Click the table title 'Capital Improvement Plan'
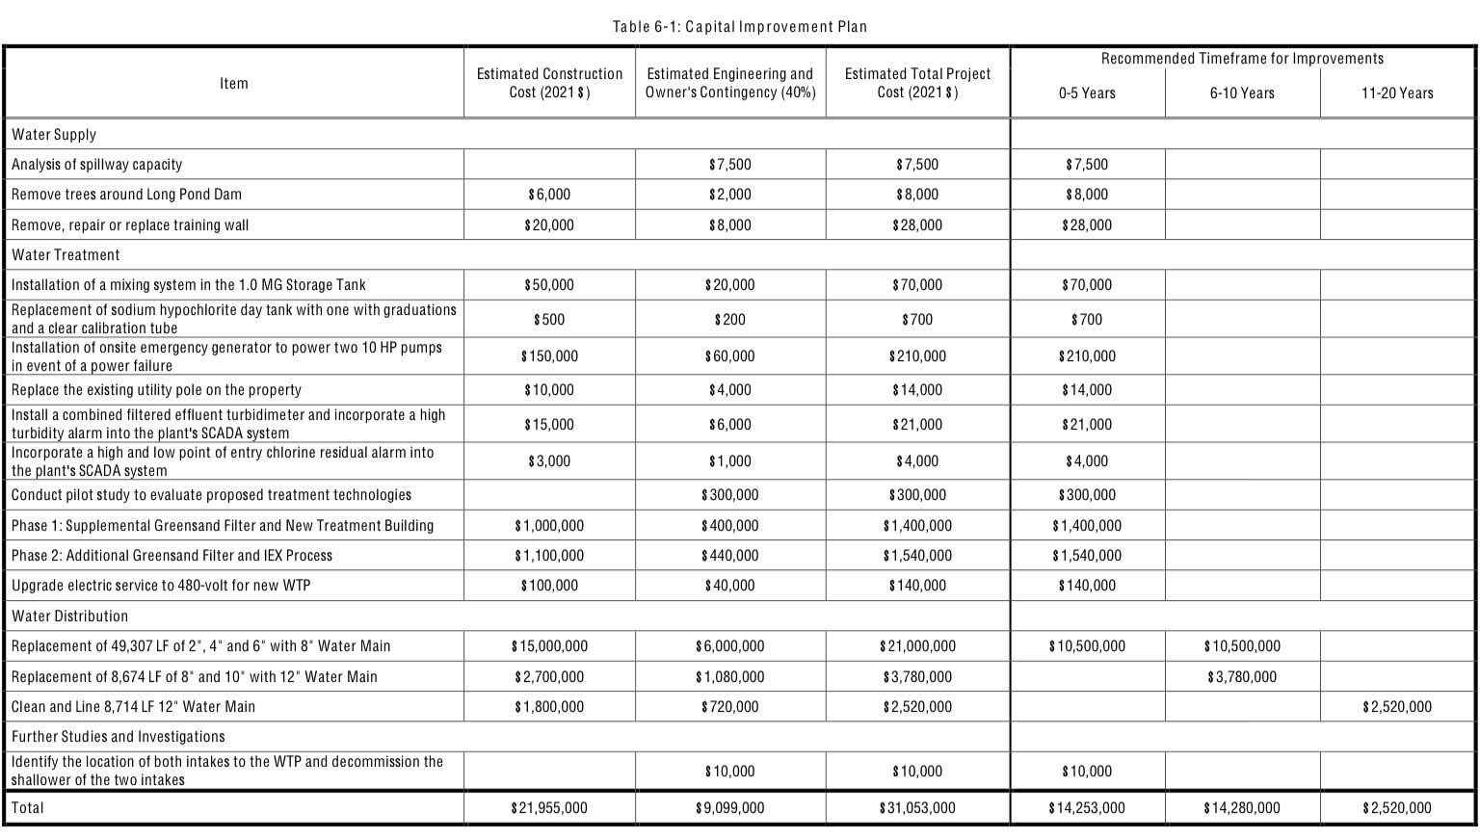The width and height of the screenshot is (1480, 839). coord(740,27)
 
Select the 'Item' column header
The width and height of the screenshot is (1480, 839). coord(234,84)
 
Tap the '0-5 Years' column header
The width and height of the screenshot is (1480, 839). coord(1087,93)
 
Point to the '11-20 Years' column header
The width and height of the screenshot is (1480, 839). coord(1397,93)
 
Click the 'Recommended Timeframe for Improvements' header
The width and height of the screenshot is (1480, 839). coord(1242,59)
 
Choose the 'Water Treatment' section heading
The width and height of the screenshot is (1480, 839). coord(66,255)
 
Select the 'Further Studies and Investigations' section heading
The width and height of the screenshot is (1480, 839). coord(118,737)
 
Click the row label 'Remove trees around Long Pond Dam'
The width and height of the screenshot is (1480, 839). coord(126,195)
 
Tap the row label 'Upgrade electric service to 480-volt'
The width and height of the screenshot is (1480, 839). coord(161,586)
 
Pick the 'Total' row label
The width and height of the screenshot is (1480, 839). coord(27,808)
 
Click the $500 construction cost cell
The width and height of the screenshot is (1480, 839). coord(549,320)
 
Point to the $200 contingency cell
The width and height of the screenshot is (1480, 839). coord(729,320)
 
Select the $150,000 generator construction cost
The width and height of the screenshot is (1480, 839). coord(549,356)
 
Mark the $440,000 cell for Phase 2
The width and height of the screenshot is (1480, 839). coord(729,556)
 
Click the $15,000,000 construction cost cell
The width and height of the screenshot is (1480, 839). coord(549,646)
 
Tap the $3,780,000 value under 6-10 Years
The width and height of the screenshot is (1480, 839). coord(1242,677)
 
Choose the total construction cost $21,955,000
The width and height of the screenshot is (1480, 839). coord(549,808)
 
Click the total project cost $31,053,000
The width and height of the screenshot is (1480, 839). coord(917,808)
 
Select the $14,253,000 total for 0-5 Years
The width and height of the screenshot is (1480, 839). coord(1087,808)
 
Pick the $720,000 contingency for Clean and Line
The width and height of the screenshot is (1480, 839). coord(729,707)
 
